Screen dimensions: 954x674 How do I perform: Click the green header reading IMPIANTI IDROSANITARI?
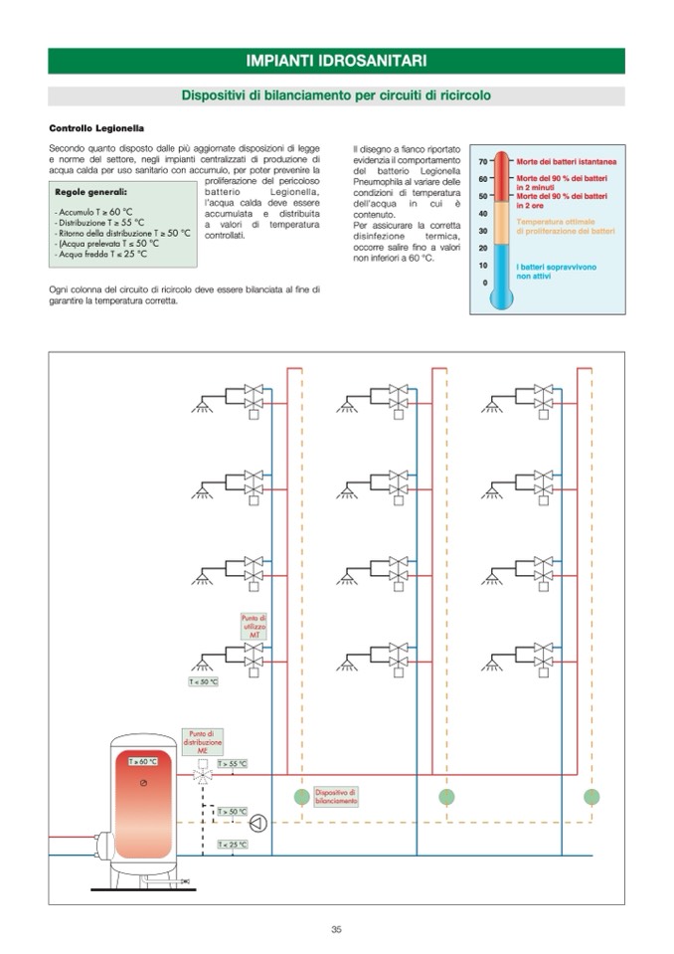336,61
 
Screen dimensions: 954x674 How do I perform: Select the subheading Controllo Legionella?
96,128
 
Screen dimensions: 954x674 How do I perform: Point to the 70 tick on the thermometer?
483,160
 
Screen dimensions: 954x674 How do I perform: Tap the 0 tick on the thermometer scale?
485,283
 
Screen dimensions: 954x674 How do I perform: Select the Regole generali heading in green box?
90,191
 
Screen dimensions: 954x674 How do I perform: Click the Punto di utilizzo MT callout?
254,626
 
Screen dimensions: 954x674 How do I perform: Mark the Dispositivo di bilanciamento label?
335,796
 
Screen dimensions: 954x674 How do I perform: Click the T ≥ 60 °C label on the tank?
143,761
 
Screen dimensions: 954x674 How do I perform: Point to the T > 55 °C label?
232,763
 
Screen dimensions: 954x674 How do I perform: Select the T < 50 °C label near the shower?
203,682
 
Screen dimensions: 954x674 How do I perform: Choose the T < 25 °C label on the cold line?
232,845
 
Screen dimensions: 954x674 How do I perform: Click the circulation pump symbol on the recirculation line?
258,822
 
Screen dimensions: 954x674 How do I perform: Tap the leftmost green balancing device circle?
301,796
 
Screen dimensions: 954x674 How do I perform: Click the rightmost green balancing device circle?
591,796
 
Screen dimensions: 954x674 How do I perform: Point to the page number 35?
336,929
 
